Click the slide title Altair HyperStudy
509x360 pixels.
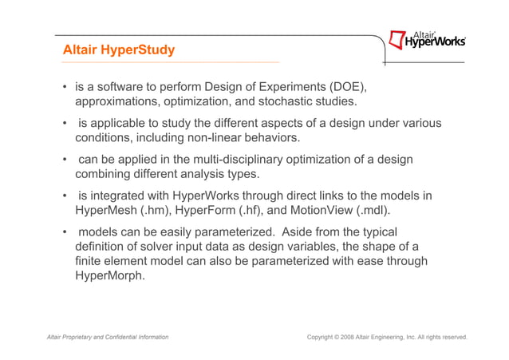click(119, 50)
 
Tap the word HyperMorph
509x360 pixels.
click(109, 276)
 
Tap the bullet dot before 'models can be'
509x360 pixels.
click(64, 231)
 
